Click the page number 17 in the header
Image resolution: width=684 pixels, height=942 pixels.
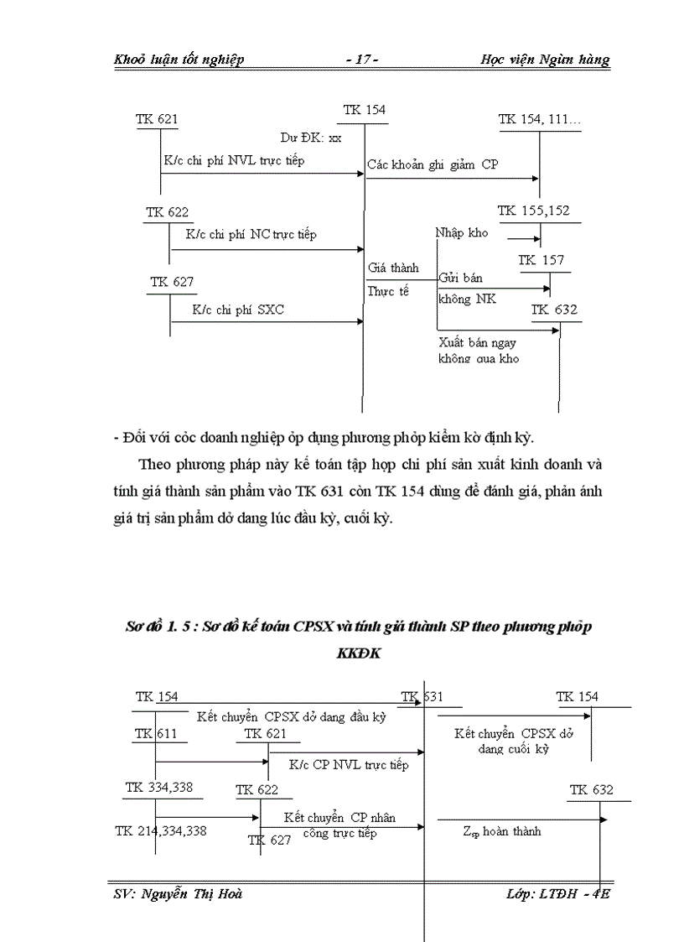362,60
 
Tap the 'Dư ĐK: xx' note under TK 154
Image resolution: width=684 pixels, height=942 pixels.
311,138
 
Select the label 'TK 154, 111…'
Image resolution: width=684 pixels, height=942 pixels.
540,120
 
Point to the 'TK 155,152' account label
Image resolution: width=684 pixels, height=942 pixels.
533,211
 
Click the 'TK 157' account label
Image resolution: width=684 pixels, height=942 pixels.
541,261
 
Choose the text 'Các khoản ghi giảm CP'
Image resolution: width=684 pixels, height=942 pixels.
433,164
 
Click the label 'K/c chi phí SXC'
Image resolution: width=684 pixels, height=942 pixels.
238,310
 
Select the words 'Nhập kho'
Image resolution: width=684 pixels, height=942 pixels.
461,233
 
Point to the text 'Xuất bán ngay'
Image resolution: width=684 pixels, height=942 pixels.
475,342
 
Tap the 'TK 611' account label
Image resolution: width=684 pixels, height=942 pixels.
155,734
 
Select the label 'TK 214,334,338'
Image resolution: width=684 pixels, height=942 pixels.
161,831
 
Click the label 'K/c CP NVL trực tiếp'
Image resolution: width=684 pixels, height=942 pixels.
349,765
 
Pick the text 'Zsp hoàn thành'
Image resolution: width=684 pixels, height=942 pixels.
501,831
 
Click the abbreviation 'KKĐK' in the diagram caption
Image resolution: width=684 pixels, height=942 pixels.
358,653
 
